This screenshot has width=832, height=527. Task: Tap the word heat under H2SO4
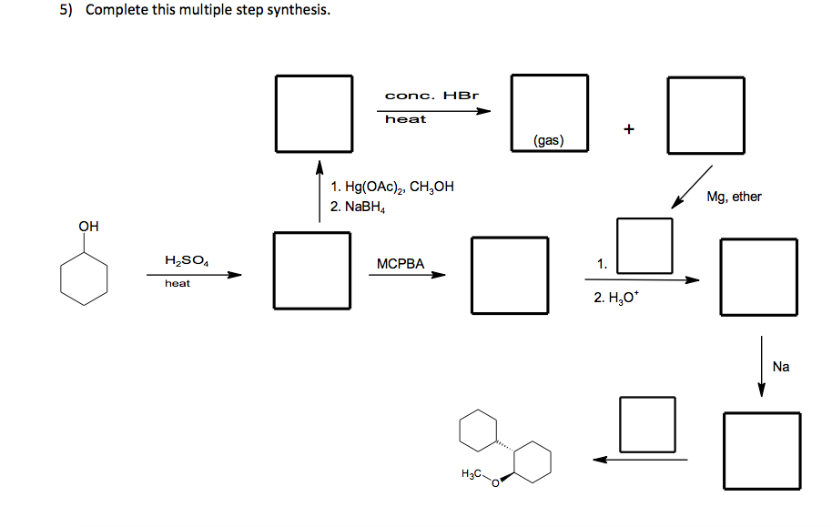coord(178,284)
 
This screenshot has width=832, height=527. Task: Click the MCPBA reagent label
coord(401,264)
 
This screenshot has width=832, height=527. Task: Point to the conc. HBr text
coord(431,96)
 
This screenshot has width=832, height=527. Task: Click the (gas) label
coord(548,140)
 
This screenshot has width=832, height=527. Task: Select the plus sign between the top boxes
coord(628,128)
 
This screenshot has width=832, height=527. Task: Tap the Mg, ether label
coord(734,197)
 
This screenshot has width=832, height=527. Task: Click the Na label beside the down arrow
coord(781,367)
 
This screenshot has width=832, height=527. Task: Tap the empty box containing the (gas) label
coord(549,113)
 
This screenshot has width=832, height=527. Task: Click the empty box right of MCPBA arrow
coord(510,274)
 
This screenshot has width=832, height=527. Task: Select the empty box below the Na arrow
coord(763,450)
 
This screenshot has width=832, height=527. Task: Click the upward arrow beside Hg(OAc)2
coord(320,191)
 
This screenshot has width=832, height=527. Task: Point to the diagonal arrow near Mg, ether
coord(694,187)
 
